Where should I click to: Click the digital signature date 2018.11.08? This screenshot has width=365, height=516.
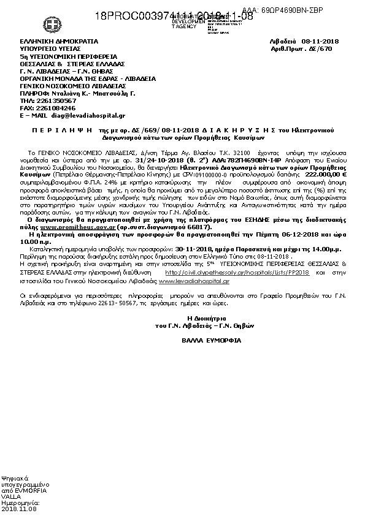(x=19, y=509)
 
